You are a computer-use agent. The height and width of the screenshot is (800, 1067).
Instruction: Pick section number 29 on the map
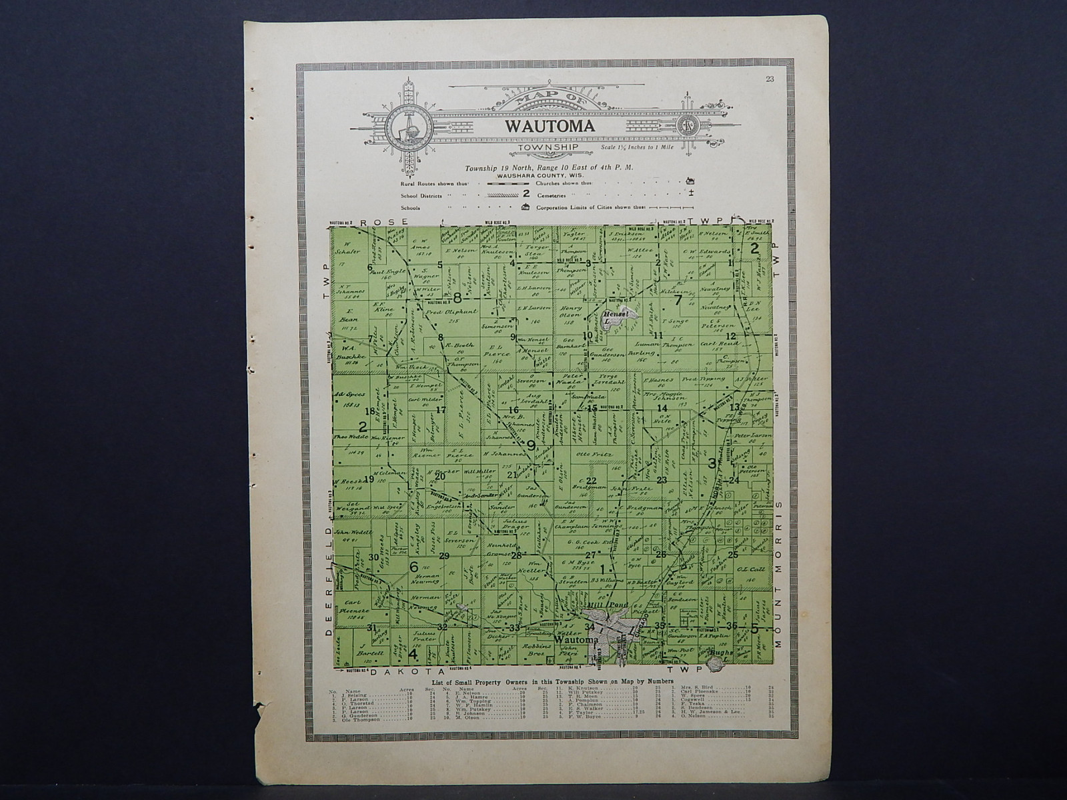pos(444,555)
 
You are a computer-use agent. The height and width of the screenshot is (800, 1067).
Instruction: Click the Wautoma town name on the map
pos(572,639)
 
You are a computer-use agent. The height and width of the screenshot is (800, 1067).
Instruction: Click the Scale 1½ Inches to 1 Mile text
pos(638,147)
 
